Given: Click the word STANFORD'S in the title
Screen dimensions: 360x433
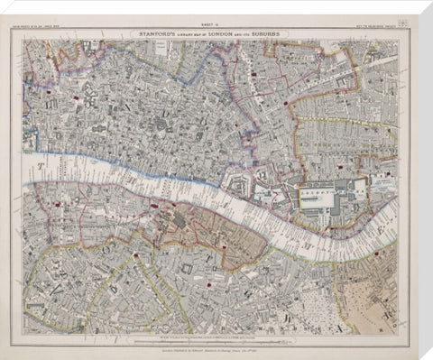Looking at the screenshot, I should (158, 32).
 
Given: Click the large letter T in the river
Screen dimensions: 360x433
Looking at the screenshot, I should (41, 167).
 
